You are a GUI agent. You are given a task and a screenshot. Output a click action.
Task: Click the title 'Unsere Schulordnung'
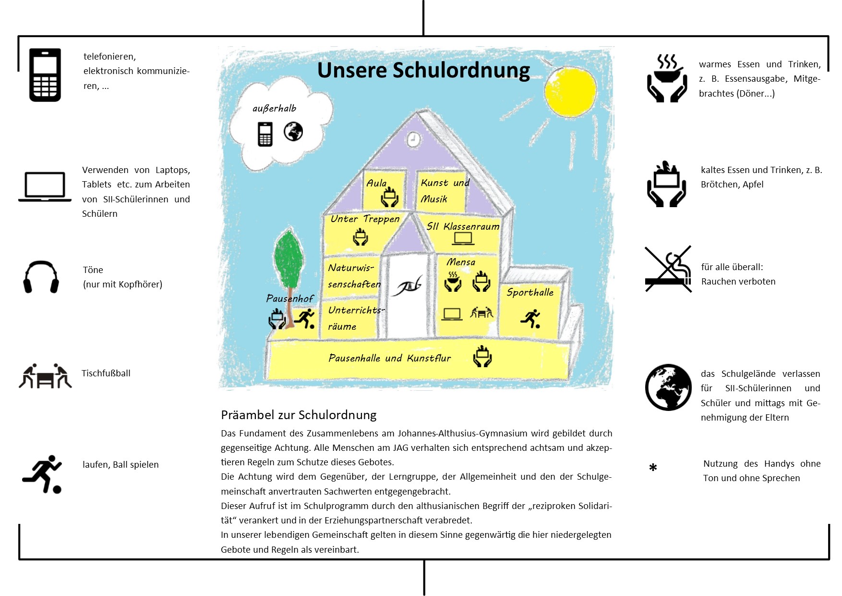[x=423, y=70]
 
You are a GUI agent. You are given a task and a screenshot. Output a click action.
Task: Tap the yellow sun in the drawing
[x=570, y=91]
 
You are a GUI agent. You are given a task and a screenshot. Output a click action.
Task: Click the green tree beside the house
[x=289, y=260]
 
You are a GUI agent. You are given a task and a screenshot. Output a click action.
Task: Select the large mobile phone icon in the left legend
[x=45, y=75]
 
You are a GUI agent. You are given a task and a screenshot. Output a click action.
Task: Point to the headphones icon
[x=41, y=277]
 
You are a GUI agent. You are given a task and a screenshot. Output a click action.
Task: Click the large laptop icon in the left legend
[x=45, y=187]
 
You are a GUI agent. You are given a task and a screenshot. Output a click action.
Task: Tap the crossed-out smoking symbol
[x=668, y=269]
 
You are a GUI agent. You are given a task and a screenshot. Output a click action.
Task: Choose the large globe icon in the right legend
[x=668, y=387]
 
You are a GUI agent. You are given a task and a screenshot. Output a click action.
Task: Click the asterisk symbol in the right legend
[x=653, y=468]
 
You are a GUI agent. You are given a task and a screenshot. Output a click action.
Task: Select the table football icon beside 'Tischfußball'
[x=45, y=376]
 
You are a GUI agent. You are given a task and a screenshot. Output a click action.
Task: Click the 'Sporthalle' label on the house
[x=530, y=292]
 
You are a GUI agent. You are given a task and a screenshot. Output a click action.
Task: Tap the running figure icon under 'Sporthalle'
[x=531, y=319]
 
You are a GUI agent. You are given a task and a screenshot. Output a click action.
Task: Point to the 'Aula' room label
[x=376, y=183]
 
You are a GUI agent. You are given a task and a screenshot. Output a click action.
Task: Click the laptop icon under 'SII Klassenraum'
[x=463, y=238]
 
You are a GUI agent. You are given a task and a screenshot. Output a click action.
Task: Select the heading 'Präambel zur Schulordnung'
[x=299, y=415]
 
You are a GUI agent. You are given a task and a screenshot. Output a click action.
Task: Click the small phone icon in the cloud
[x=265, y=134]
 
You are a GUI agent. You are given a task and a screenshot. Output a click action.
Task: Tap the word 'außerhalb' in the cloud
[x=274, y=109]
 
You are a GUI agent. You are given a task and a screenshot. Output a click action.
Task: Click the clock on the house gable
[x=413, y=139]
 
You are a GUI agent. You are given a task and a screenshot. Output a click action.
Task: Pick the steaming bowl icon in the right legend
[x=667, y=78]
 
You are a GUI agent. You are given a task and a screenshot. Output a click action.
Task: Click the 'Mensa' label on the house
[x=460, y=262]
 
